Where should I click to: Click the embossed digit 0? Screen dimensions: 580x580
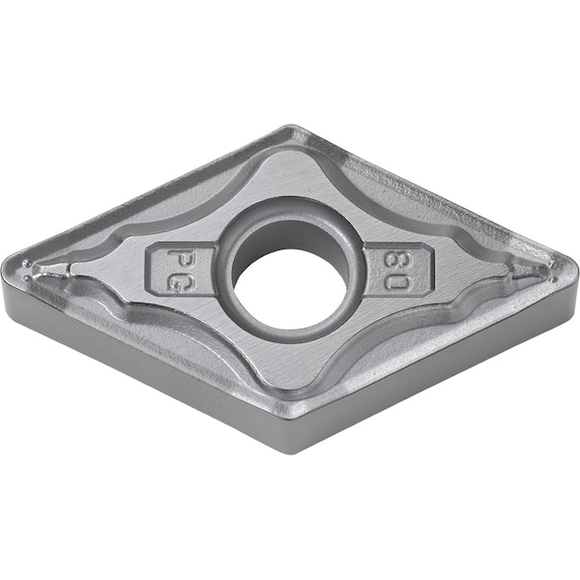coord(396,282)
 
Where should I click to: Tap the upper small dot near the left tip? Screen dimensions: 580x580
coord(25,263)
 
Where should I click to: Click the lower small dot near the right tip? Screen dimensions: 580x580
coord(554,278)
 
